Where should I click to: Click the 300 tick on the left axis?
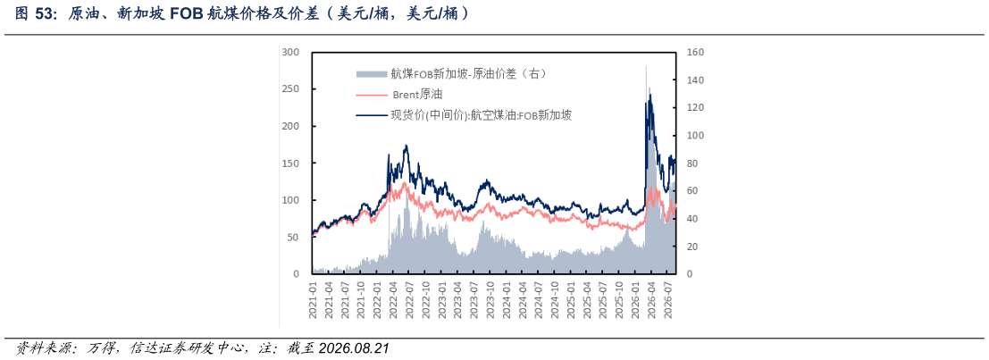290,53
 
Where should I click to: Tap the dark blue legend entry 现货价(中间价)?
465,114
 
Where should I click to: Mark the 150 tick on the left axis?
290,163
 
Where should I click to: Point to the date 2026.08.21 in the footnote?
355,348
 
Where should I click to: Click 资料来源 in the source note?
38,348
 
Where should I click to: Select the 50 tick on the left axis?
293,237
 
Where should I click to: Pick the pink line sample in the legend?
371,95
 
